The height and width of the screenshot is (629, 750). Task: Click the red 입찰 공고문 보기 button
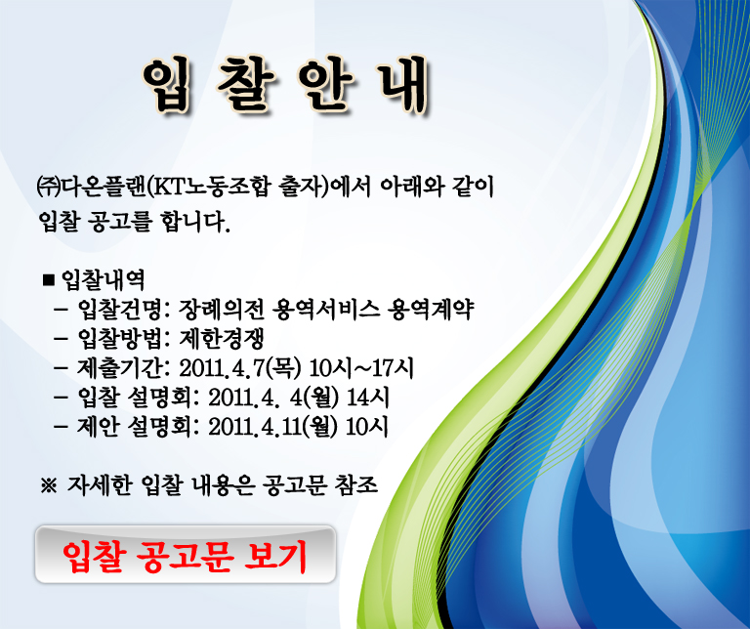(186, 555)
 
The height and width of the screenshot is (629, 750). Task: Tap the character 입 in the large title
(165, 85)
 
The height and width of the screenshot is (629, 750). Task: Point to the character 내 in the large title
(402, 85)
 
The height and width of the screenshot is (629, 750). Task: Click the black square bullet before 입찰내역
(49, 279)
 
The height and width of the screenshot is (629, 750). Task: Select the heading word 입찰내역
(104, 279)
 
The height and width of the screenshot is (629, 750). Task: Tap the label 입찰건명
(119, 310)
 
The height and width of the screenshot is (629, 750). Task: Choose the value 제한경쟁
(222, 339)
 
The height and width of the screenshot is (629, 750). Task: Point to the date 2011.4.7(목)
(240, 368)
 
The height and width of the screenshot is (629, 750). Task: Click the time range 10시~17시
(361, 368)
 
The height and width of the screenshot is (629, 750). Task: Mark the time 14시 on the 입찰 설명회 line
(368, 398)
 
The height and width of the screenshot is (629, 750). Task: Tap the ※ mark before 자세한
(49, 486)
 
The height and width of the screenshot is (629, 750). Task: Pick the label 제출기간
(119, 368)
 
